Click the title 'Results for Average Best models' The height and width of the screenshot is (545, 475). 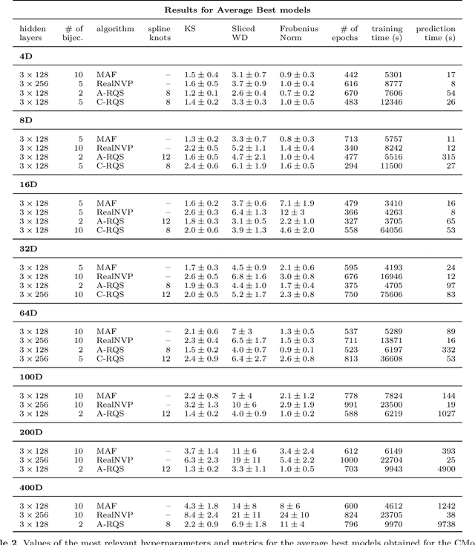[x=237, y=9]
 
